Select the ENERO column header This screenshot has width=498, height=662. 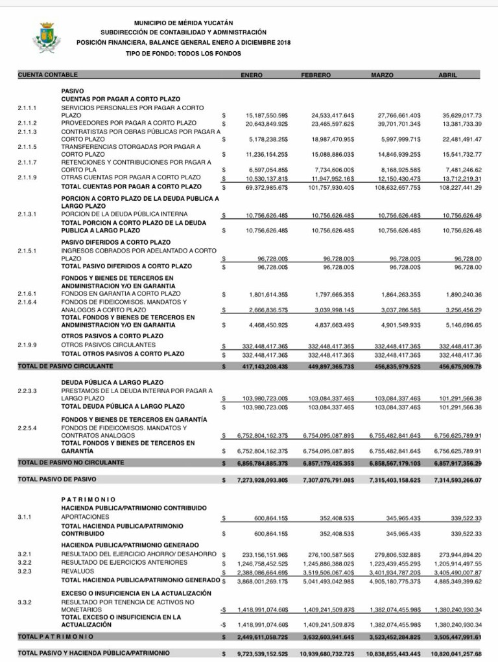[x=252, y=76]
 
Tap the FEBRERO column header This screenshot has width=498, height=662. [x=316, y=76]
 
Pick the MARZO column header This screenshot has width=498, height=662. [x=382, y=76]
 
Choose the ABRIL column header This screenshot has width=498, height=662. [x=448, y=76]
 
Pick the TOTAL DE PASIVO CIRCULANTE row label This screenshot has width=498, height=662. [x=58, y=367]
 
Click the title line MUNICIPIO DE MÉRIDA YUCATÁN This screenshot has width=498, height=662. [x=184, y=23]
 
